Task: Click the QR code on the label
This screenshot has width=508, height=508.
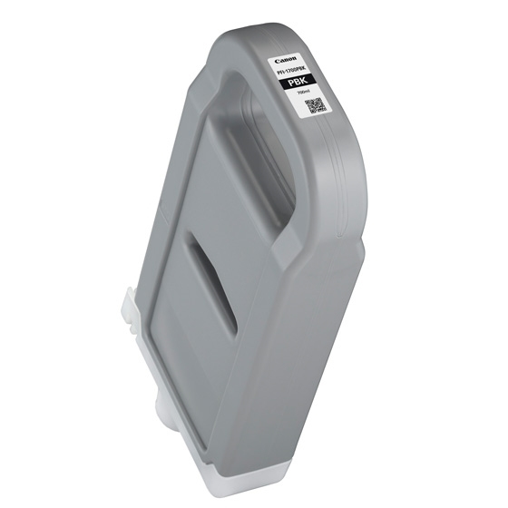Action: click(x=313, y=110)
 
